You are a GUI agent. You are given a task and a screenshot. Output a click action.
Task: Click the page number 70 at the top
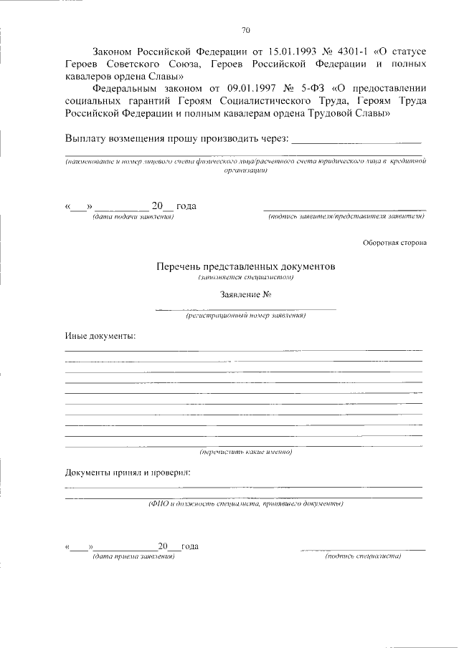click(x=246, y=30)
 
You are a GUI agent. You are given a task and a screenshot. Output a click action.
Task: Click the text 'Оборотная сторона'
click(x=394, y=242)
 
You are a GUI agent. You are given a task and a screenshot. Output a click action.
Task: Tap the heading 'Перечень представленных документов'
click(x=246, y=266)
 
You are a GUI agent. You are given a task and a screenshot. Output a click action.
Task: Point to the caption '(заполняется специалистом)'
click(x=246, y=276)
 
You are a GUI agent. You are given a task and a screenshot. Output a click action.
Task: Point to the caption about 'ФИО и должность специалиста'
click(x=246, y=504)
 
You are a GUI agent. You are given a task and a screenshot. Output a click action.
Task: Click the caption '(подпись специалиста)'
click(x=363, y=556)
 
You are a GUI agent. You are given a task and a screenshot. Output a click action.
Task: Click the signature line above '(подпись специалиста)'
click(x=363, y=549)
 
